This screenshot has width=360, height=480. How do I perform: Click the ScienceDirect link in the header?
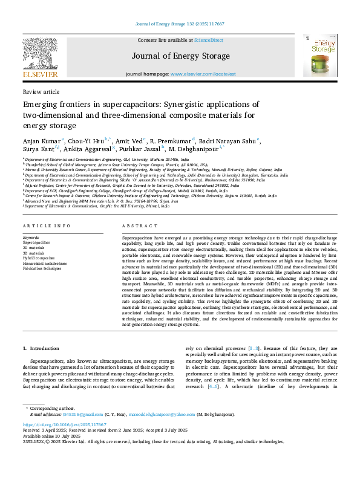point(208,40)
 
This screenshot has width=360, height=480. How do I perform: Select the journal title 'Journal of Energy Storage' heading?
point(180,56)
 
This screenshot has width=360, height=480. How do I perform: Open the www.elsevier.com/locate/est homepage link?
point(203,74)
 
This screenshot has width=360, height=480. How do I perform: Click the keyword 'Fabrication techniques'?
point(42,268)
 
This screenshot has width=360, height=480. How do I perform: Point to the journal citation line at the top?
point(180,24)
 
